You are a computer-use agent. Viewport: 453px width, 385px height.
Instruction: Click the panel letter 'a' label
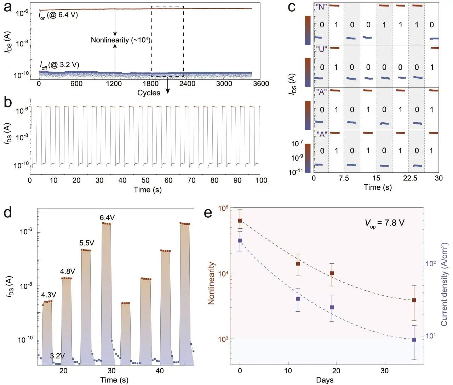click(x=8, y=7)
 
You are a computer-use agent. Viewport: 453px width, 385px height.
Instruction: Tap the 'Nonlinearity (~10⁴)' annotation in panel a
click(x=120, y=40)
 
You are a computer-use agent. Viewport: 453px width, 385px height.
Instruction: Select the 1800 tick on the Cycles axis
click(x=151, y=84)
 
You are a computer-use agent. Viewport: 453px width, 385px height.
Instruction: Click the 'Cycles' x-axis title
click(x=149, y=93)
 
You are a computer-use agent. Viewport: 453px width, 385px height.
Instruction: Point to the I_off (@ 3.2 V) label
click(x=59, y=65)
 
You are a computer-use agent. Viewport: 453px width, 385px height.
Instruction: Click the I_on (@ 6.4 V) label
click(x=58, y=15)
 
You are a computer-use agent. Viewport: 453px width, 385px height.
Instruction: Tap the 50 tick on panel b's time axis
click(x=145, y=180)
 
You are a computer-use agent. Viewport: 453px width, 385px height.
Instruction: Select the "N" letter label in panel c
click(x=321, y=7)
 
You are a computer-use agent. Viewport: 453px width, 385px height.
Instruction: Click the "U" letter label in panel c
click(x=321, y=49)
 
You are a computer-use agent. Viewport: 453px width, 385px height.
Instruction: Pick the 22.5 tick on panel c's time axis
click(x=410, y=178)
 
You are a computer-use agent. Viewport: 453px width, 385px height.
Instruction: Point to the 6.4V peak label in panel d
click(x=107, y=218)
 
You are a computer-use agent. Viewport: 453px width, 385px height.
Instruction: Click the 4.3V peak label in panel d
click(x=48, y=295)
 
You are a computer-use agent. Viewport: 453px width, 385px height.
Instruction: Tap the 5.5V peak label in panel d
click(x=87, y=243)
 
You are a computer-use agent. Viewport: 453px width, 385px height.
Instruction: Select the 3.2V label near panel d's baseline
click(x=57, y=356)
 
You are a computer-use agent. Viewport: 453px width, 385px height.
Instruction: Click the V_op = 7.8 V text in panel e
click(x=385, y=223)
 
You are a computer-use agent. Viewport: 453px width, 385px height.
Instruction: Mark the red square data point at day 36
click(x=414, y=300)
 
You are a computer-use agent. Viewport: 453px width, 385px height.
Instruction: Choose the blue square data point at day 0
click(x=240, y=240)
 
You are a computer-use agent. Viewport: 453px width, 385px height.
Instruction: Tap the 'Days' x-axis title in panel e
click(x=325, y=380)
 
